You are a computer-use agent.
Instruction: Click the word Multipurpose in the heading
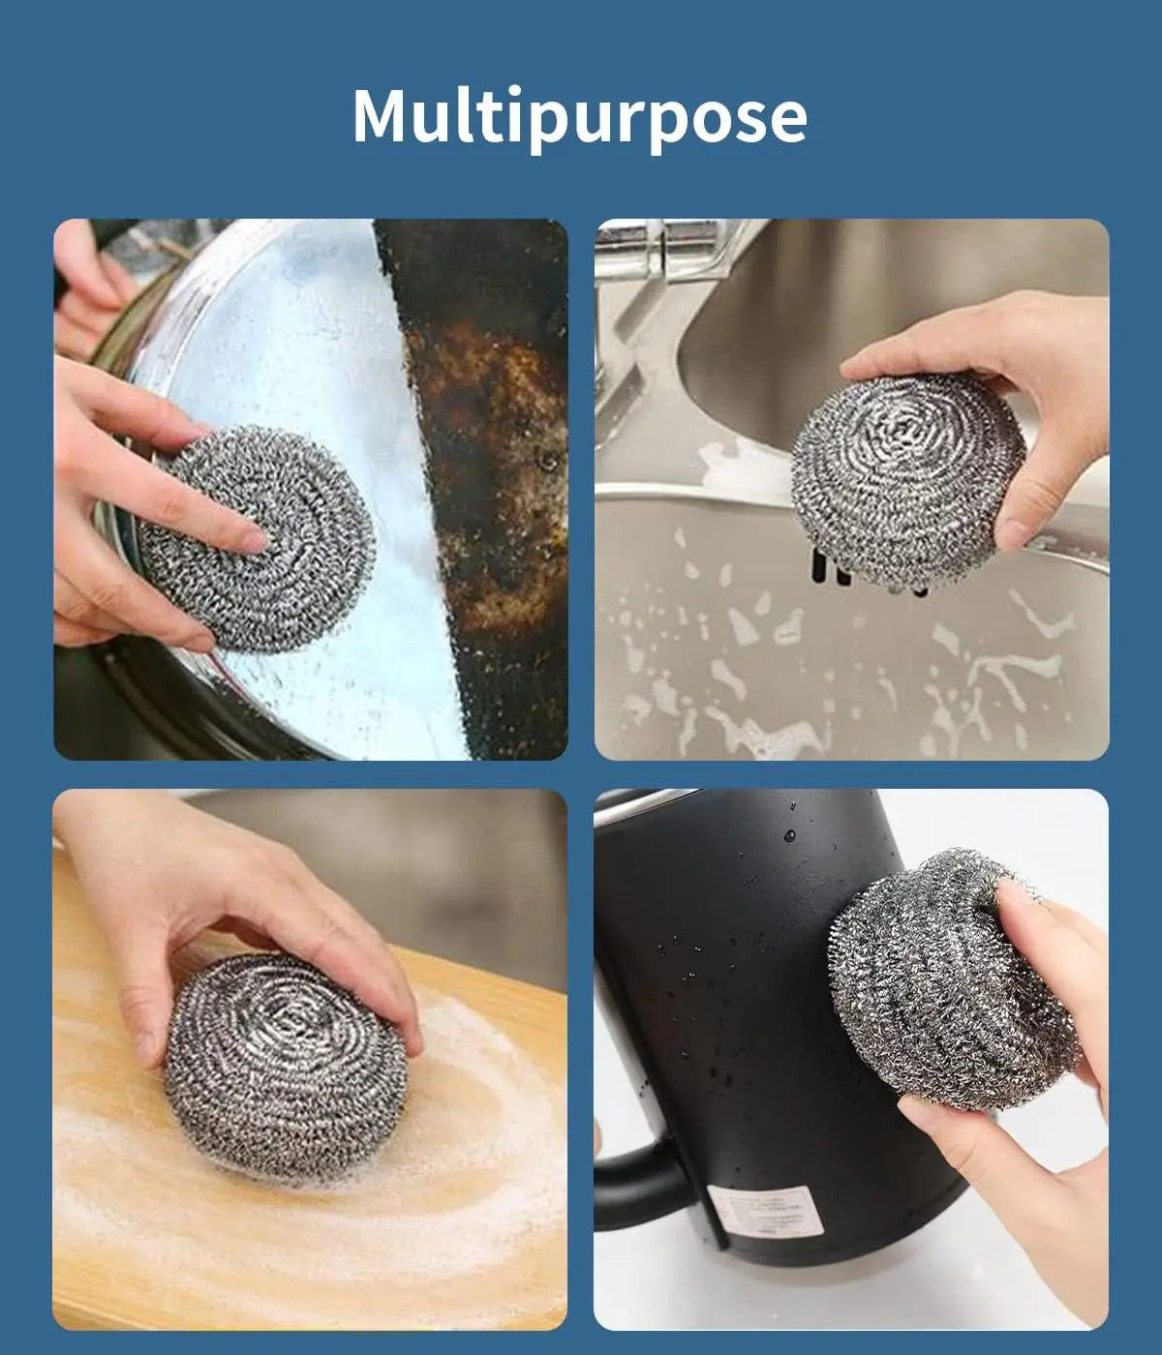pyautogui.click(x=579, y=116)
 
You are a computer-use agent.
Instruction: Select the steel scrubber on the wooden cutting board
pyautogui.click(x=286, y=1065)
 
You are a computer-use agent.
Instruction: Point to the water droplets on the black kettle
pyautogui.click(x=707, y=968)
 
